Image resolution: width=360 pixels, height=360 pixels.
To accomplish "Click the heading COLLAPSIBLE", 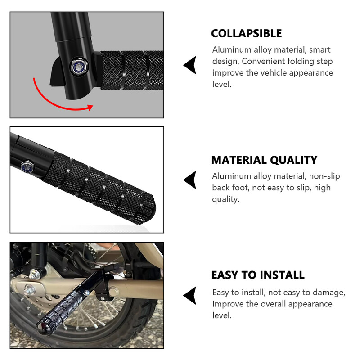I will coord(246,34).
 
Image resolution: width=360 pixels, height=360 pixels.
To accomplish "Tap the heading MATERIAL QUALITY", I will coord(264,160).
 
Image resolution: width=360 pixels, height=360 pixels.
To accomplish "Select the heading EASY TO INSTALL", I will coord(258,275).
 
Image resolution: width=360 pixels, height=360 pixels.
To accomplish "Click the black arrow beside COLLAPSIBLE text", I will coord(190,65).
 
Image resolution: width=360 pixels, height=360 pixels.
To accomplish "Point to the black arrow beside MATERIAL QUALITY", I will coord(190,180).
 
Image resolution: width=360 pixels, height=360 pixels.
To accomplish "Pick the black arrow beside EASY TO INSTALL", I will coord(190,296).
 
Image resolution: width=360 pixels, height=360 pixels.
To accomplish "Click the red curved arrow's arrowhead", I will coord(90,108).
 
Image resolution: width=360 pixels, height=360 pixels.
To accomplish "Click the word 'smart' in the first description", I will coord(319,50).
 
